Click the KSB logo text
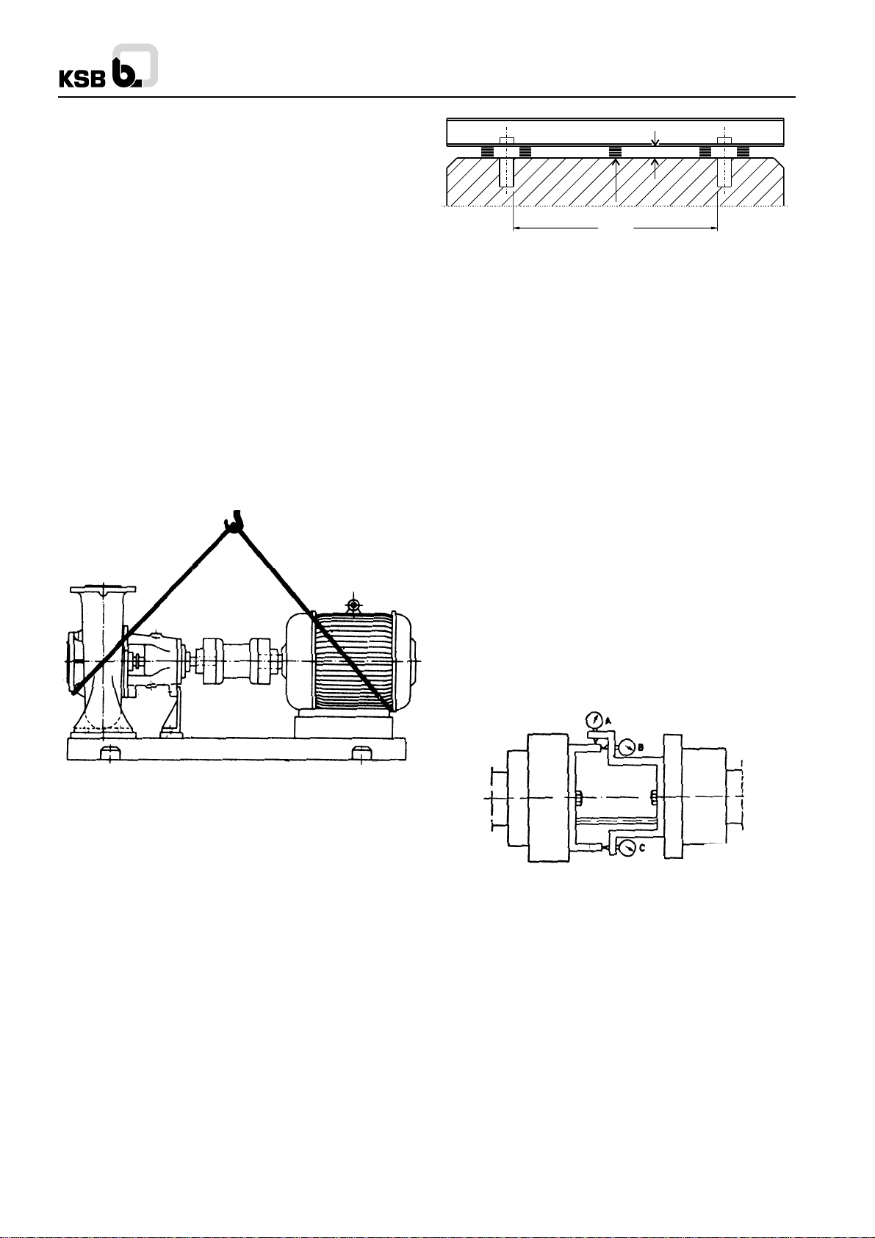tap(82, 80)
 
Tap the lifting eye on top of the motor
tap(352, 602)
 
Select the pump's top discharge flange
tap(103, 589)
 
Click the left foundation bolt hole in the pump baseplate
tap(110, 752)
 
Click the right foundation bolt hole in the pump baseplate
tap(361, 752)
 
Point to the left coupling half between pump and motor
tap(212, 661)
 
